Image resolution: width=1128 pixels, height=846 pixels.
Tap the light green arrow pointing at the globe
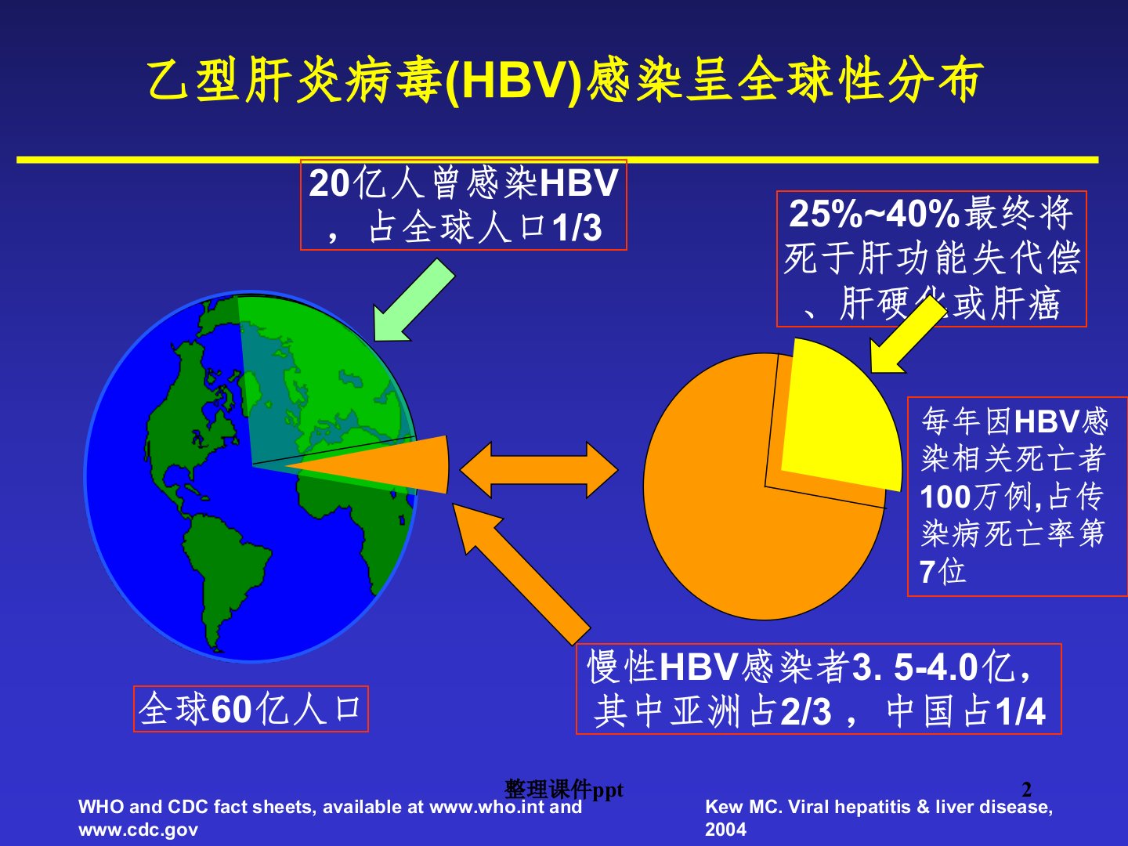(x=414, y=300)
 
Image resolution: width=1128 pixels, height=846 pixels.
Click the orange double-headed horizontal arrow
(x=539, y=470)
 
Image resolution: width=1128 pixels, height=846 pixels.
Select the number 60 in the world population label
(x=231, y=710)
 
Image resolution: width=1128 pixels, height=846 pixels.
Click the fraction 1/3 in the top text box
(x=577, y=228)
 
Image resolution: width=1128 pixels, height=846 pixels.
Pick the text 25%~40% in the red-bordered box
(x=874, y=214)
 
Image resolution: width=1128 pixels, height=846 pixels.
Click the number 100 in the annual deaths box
(x=945, y=497)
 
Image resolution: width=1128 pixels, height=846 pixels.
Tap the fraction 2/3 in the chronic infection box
(x=806, y=712)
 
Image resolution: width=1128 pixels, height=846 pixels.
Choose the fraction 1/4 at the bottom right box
(x=1021, y=712)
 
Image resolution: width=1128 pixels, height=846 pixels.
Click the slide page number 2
(x=1027, y=789)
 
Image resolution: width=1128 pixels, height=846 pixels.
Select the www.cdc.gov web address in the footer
(x=138, y=830)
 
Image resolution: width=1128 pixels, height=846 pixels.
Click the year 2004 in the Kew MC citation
(x=725, y=830)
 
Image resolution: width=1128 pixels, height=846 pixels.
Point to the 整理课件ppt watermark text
(x=564, y=790)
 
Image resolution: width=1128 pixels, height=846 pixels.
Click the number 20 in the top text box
(x=330, y=183)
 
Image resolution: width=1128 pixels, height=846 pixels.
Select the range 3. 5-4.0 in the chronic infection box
(x=915, y=667)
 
